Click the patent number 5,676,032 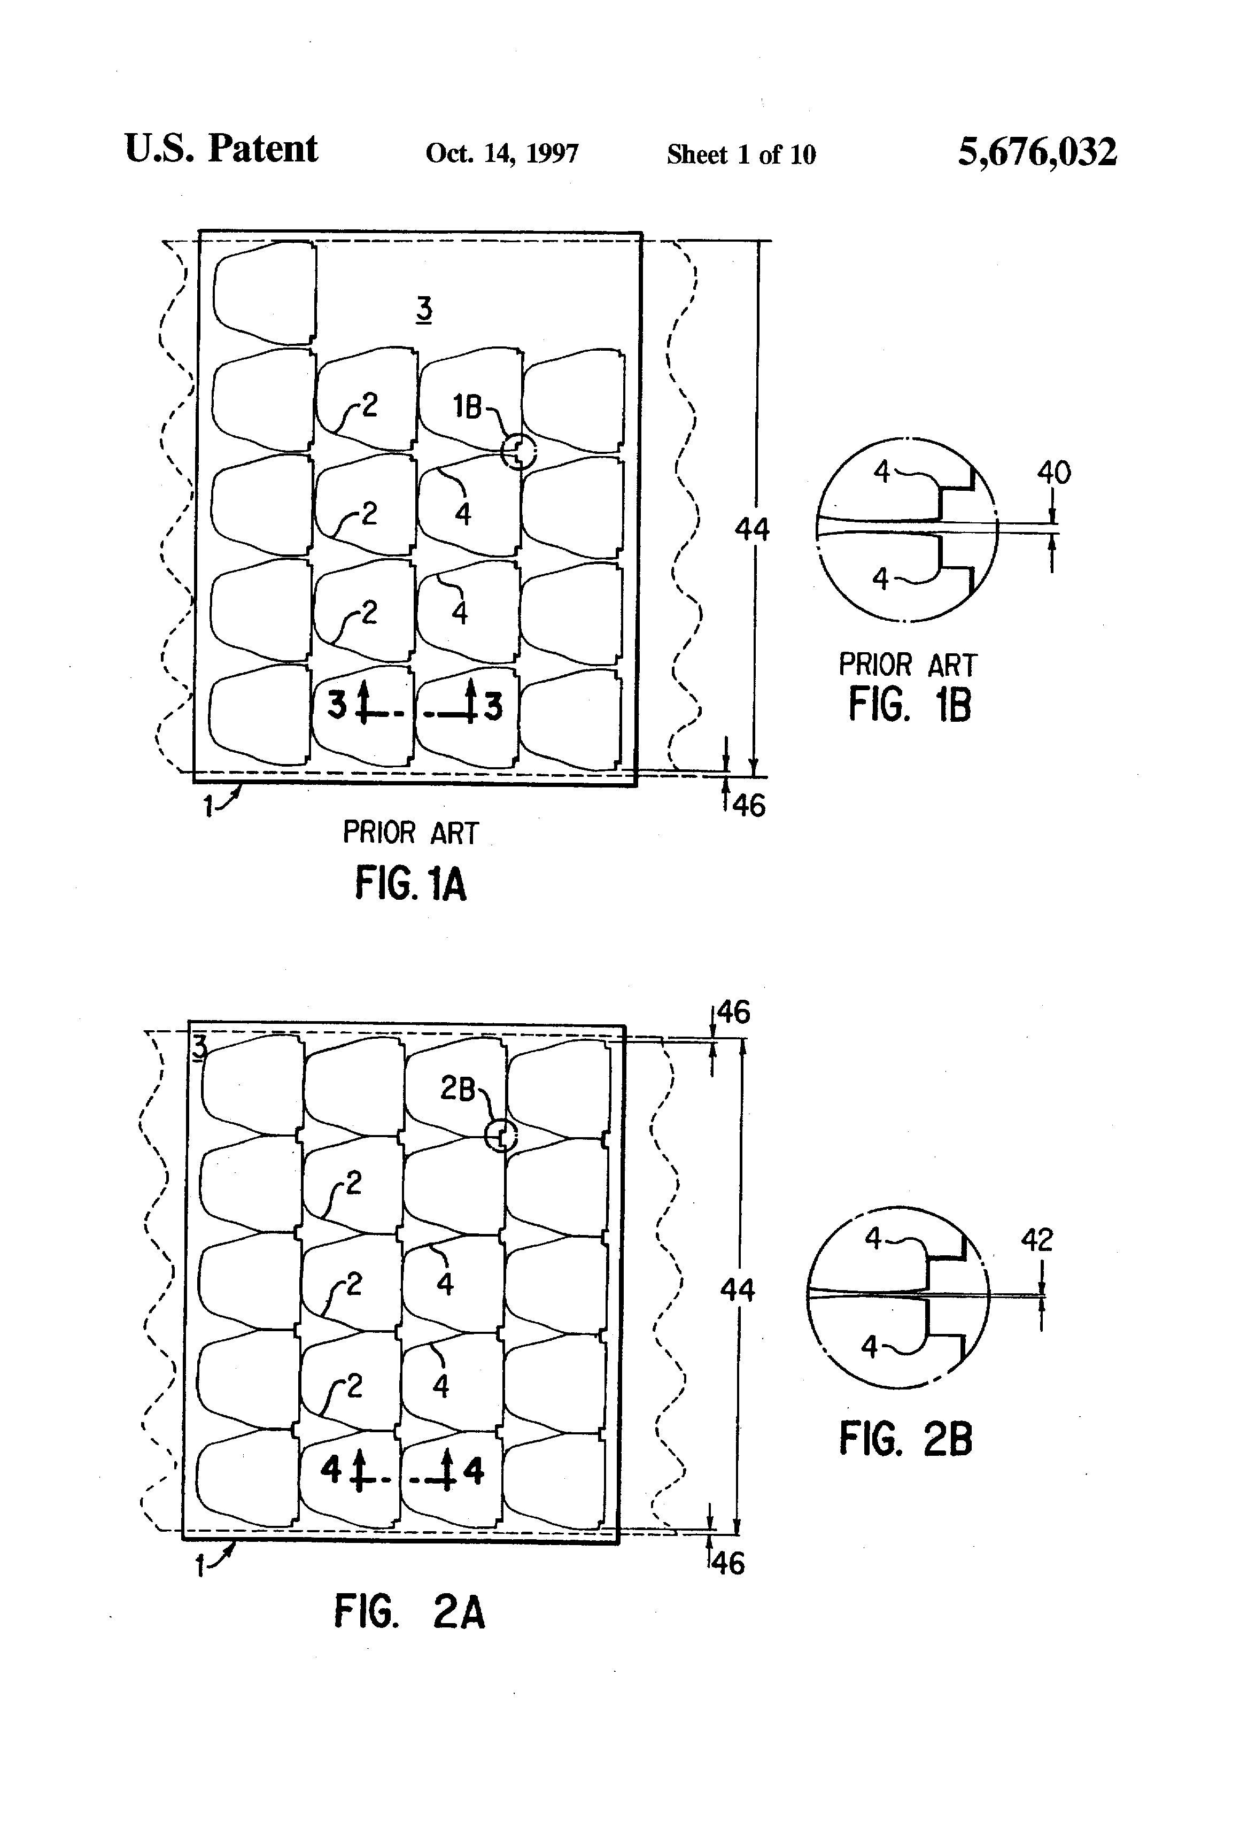(x=1037, y=152)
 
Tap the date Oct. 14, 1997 (x=502, y=153)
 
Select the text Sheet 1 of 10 (x=741, y=155)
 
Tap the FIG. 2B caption (x=905, y=1439)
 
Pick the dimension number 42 (x=1036, y=1240)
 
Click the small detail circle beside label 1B (x=518, y=452)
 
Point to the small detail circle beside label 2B (x=501, y=1134)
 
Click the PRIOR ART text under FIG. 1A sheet (x=410, y=832)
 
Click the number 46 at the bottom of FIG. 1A (x=749, y=805)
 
